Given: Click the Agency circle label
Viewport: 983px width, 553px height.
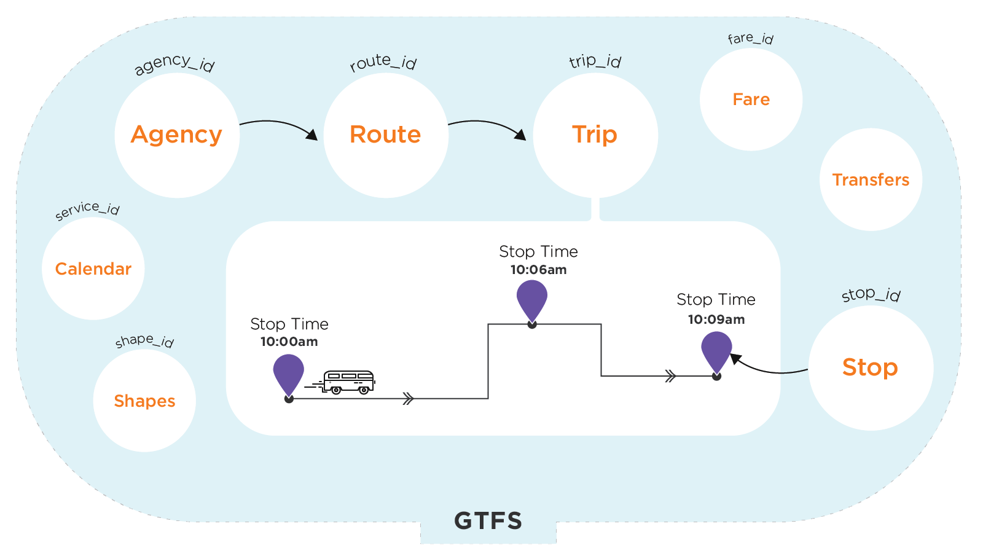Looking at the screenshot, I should (176, 135).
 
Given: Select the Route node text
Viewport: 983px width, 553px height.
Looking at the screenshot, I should (385, 135).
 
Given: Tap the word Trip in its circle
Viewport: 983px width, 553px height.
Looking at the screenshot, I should (594, 135).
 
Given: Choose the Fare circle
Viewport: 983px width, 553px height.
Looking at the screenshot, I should (751, 100).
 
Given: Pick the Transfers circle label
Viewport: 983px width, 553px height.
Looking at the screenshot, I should (871, 180).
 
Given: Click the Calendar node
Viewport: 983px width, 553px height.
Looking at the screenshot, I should (93, 269).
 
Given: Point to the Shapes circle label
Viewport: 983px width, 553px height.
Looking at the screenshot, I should (144, 401).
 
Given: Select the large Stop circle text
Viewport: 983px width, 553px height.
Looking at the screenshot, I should (870, 367).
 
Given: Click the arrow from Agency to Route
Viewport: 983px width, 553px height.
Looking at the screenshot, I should (280, 125).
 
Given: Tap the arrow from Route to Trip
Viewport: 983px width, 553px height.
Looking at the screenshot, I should (488, 125).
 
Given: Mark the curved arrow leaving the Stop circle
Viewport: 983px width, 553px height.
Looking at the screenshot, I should (768, 369).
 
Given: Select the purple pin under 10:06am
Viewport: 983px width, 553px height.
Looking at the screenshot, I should (532, 299).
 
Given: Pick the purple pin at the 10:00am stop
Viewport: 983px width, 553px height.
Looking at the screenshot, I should (289, 374).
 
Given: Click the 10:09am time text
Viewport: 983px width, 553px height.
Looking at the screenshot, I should (716, 320).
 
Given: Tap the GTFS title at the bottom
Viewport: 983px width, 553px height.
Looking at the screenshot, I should (488, 521).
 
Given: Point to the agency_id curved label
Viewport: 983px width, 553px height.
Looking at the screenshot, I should (174, 63).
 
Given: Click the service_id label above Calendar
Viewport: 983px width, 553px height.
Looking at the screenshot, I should (87, 210).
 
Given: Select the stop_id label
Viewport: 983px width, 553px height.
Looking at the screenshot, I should (871, 294).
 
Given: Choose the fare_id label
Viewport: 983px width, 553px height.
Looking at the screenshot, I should (750, 39).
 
